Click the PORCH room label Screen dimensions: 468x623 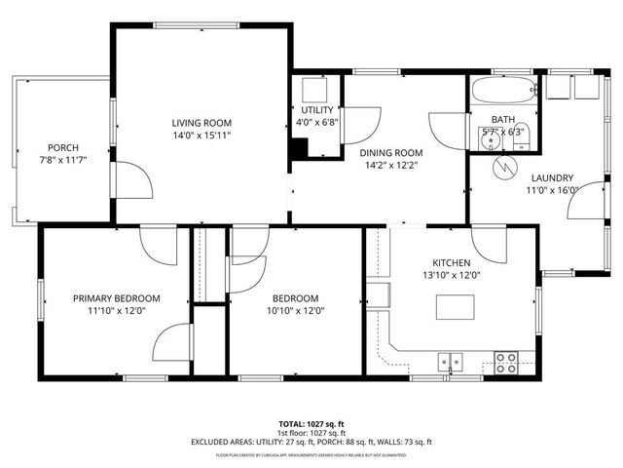click(55, 147)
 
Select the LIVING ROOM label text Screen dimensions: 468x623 click(202, 123)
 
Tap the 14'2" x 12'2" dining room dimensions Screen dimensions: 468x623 click(390, 166)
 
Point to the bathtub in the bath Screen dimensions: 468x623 click(503, 96)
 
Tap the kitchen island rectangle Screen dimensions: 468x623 click(459, 306)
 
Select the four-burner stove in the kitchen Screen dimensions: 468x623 click(506, 362)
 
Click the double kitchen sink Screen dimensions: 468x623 click(450, 361)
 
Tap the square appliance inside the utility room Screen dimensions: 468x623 click(314, 91)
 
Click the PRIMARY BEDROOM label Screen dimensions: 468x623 click(116, 298)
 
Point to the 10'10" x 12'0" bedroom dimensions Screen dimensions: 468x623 click(295, 311)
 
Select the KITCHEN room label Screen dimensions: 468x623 click(452, 263)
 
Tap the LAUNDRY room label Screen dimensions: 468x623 click(552, 177)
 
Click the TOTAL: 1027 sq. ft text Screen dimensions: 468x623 click(311, 424)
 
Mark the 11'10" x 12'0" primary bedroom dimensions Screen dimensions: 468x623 click(116, 311)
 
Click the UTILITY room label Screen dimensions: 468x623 click(316, 110)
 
